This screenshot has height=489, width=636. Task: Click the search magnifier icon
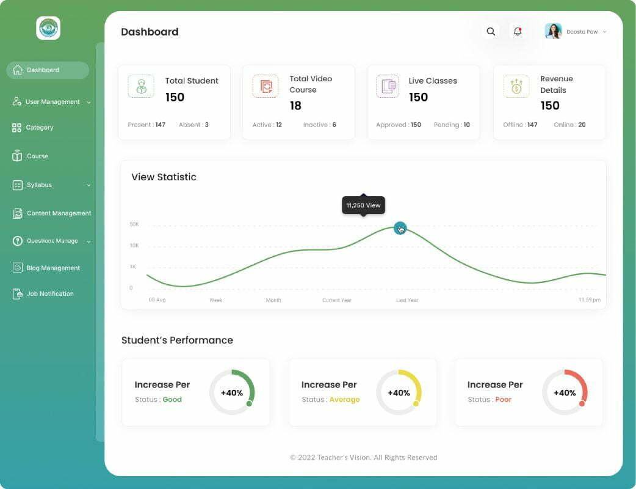[x=491, y=32]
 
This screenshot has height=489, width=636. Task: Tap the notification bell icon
[x=518, y=32]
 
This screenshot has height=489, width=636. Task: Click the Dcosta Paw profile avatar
[x=553, y=31]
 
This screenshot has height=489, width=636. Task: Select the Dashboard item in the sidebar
[x=48, y=70]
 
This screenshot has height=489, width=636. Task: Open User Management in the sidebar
[x=52, y=102]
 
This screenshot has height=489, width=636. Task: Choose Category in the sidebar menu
[x=40, y=128]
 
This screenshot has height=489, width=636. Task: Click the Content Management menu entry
[x=59, y=213]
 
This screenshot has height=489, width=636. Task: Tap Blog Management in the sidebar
[x=52, y=268]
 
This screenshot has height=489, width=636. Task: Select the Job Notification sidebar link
[x=49, y=294]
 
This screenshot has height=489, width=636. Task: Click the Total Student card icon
[x=141, y=86]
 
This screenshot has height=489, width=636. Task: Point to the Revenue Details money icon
[x=516, y=86]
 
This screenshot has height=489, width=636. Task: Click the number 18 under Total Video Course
[x=295, y=106]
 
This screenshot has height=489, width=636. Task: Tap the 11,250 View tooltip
[x=363, y=205]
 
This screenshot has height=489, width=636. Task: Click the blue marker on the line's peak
[x=400, y=229]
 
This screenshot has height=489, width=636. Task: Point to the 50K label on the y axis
[x=134, y=224]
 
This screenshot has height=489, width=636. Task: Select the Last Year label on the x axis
[x=407, y=300]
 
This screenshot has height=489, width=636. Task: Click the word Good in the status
[x=172, y=400]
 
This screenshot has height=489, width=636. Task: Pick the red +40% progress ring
[x=565, y=392]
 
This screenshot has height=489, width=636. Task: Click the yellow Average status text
[x=344, y=400]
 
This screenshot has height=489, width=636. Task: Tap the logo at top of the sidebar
[x=48, y=28]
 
